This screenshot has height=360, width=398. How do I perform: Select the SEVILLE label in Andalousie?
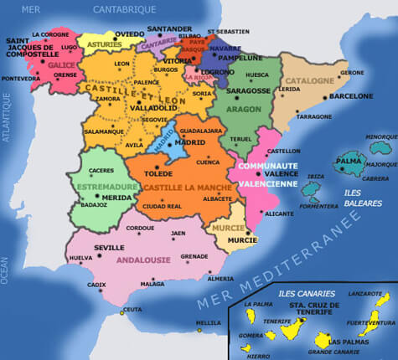click(x=110, y=248)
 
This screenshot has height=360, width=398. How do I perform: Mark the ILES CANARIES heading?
click(x=305, y=294)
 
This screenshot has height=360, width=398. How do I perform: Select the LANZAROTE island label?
click(x=365, y=293)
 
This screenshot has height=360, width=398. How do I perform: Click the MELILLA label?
click(x=208, y=323)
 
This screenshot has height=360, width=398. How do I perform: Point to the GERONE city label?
click(x=352, y=73)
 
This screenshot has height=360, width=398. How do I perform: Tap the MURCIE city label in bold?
click(x=242, y=240)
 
